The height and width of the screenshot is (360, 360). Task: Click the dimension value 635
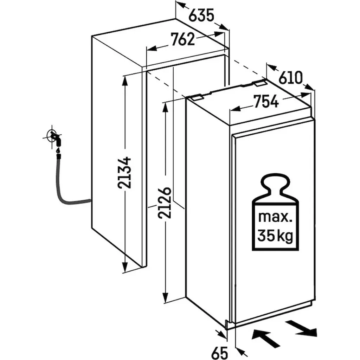[x=201, y=15]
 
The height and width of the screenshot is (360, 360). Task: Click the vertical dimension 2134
[x=124, y=173]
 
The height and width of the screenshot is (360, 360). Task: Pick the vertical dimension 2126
[x=165, y=202]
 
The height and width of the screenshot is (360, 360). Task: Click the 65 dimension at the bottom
[x=220, y=352]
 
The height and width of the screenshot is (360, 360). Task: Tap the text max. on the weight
[x=275, y=217]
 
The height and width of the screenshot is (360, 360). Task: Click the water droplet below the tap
[x=58, y=150]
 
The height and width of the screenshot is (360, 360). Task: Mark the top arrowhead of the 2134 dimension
[x=125, y=81]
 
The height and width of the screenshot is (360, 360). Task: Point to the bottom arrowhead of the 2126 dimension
[x=165, y=297]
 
